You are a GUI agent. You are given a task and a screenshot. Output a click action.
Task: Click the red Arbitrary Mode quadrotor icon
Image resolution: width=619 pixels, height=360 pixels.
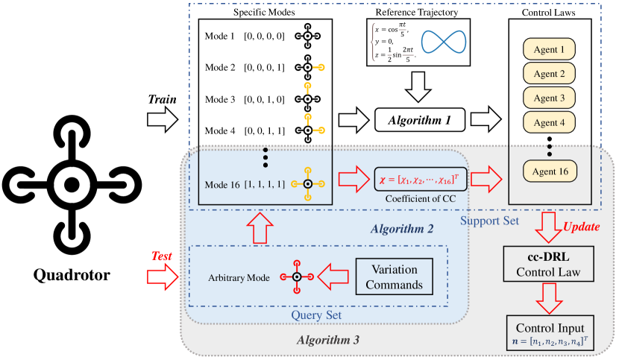[x=296, y=277]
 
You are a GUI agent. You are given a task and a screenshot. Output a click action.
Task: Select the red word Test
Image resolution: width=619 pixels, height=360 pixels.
[x=161, y=256]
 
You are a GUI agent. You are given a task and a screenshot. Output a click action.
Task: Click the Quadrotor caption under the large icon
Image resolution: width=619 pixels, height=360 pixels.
[x=71, y=275]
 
